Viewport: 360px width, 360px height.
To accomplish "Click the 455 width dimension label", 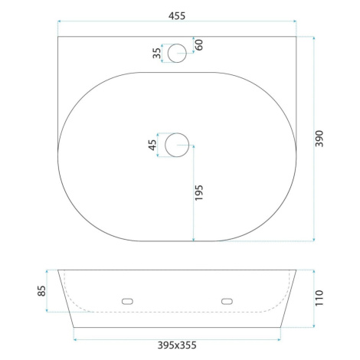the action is tap(177, 16).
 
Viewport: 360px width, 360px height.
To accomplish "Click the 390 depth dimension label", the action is tap(319, 139).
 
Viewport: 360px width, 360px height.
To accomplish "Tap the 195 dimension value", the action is tap(198, 193).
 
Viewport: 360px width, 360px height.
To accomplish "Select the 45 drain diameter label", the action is tap(152, 145).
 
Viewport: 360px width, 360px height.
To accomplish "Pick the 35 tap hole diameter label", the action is tap(157, 53).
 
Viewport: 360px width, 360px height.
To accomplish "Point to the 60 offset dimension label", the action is tap(199, 44).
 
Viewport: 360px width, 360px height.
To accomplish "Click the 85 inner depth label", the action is tap(41, 291).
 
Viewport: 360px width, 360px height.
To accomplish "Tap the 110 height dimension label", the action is tap(319, 298).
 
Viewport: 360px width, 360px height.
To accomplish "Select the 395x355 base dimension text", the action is tap(177, 345).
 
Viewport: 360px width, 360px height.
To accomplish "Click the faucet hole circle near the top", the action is tap(177, 44).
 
